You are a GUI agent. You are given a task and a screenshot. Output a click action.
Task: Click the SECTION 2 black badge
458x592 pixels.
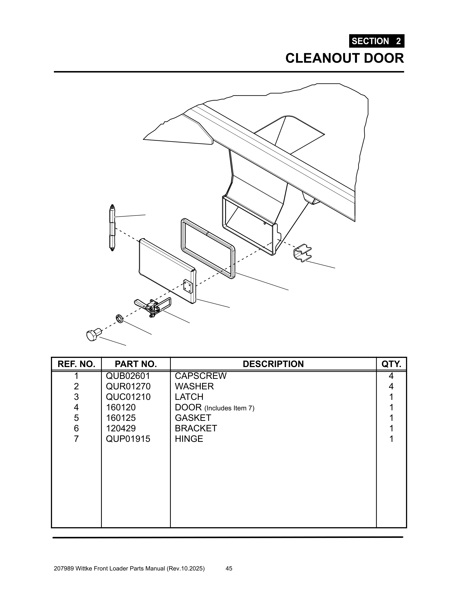(376, 41)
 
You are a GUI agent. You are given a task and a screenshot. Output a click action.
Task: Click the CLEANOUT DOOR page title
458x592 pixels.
(344, 58)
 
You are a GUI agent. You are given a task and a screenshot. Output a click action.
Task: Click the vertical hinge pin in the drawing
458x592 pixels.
(112, 228)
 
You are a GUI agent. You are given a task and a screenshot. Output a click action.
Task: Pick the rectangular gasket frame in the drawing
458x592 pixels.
(207, 248)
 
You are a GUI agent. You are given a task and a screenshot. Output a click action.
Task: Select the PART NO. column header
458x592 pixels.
(136, 364)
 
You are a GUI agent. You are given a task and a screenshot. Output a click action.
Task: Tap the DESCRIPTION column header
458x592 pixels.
(273, 364)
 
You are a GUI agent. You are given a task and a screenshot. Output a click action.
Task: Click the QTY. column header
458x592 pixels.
(391, 364)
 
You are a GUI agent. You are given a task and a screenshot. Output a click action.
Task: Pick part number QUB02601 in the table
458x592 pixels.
(128, 376)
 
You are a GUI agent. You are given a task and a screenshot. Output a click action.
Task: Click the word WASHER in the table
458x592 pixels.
(194, 386)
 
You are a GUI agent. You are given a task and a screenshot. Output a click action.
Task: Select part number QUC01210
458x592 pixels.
(128, 397)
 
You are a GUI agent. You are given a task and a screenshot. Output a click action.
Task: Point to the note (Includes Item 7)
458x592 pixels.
(229, 408)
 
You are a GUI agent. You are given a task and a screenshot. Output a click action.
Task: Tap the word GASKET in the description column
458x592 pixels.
(193, 418)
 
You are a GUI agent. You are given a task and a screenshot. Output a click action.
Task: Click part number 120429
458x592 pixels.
(120, 428)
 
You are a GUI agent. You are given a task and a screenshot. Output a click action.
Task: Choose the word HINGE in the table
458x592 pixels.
(189, 439)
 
